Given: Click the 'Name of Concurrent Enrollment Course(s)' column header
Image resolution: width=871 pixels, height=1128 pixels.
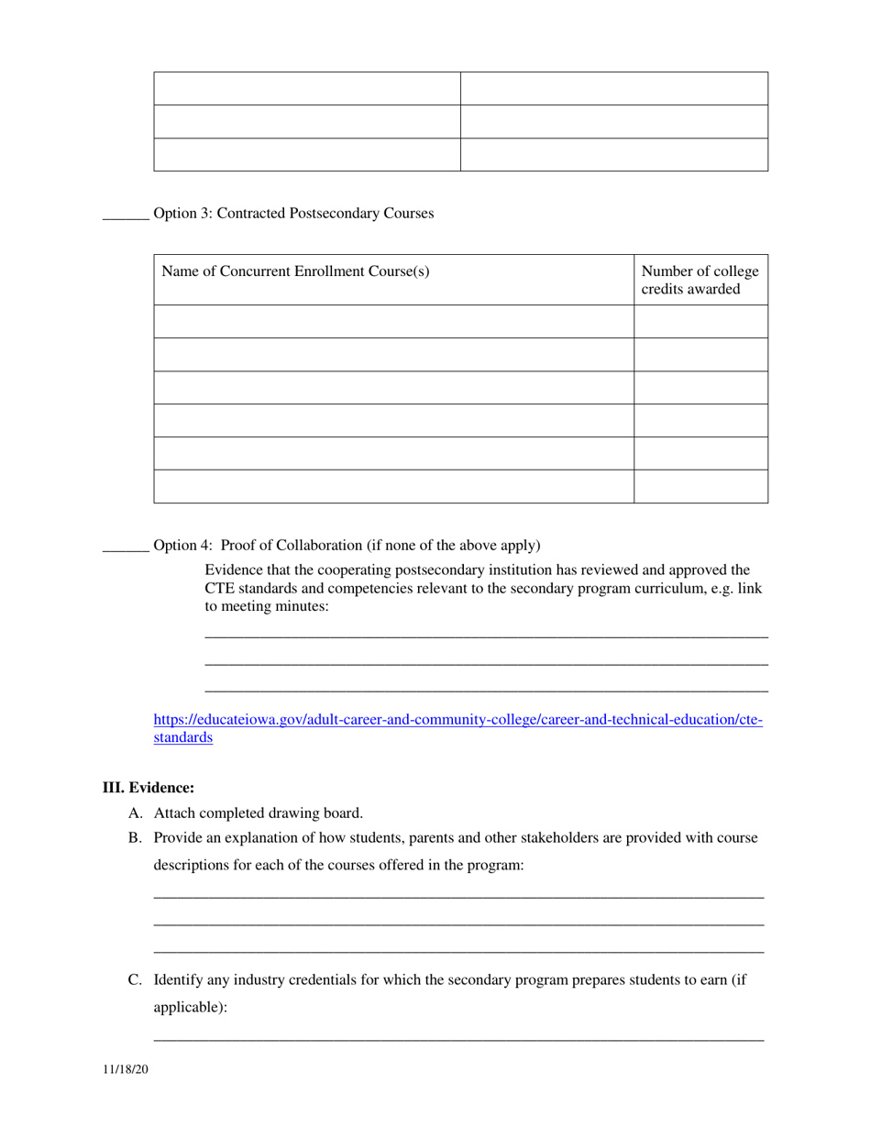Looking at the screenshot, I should [x=295, y=271].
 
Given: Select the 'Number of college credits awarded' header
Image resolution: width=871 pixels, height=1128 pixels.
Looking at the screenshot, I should [x=700, y=280].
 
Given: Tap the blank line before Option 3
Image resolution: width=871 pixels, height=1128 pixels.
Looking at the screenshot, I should [x=126, y=216].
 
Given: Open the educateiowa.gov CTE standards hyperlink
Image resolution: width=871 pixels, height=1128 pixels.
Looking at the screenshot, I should [x=458, y=720].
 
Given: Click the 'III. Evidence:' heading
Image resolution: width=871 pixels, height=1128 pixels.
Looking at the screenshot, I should [x=148, y=788].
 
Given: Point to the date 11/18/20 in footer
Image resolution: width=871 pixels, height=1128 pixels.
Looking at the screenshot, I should [x=125, y=1070].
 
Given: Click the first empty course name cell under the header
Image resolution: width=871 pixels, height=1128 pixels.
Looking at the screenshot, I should [x=393, y=322].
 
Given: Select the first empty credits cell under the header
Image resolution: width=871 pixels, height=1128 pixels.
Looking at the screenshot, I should [x=700, y=322].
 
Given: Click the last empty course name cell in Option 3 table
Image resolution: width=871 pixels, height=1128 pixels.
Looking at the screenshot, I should [x=393, y=486].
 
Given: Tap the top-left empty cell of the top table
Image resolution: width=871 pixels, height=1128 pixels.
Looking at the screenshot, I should [x=306, y=89].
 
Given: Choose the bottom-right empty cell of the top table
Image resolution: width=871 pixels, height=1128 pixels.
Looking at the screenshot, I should [x=613, y=154].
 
